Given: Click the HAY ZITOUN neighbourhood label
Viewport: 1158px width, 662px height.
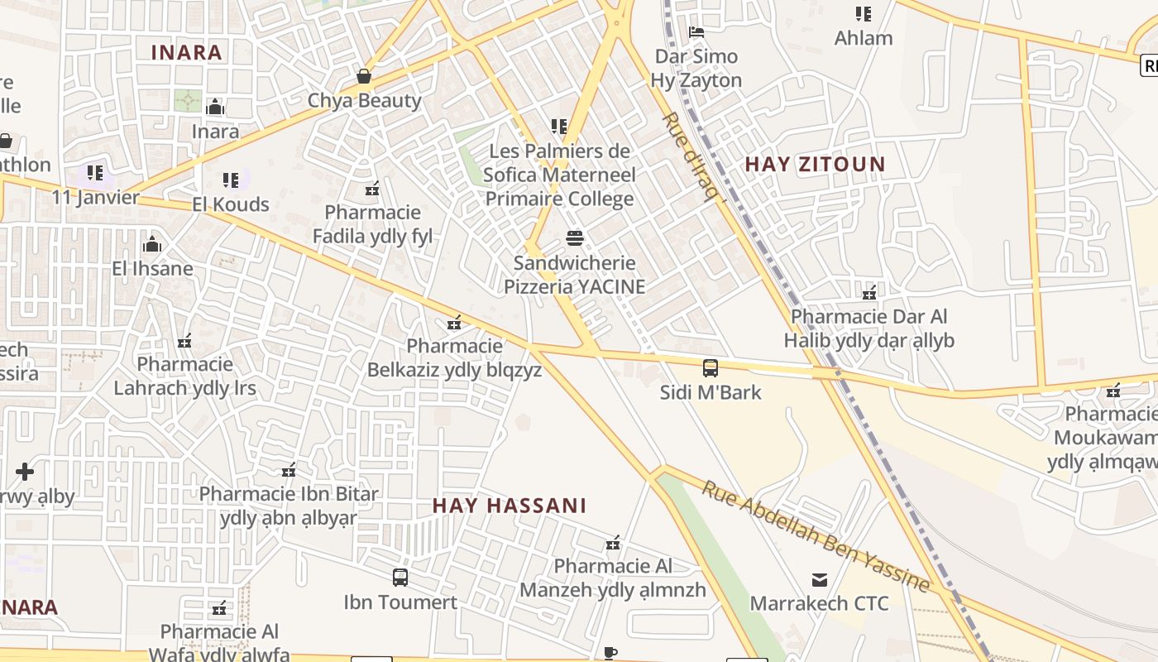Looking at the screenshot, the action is click(x=815, y=164).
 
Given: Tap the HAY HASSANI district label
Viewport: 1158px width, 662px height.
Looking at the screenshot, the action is click(x=510, y=505).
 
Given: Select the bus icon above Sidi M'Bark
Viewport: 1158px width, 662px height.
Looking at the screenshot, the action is click(x=711, y=367).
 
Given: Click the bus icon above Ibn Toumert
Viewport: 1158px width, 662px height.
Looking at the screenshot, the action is click(x=400, y=577).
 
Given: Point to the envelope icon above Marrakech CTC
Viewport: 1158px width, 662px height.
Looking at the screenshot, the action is click(x=819, y=579).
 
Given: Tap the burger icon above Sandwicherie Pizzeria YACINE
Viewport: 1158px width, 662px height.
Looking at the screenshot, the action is click(x=575, y=238).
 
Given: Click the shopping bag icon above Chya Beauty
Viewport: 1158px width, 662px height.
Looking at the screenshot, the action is click(x=364, y=76).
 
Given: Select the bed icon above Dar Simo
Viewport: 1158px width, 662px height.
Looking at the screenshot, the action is click(x=696, y=32).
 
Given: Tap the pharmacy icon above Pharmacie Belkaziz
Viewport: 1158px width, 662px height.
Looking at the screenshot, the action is click(x=454, y=322).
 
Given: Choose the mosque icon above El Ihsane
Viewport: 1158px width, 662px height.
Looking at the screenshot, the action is click(x=152, y=244).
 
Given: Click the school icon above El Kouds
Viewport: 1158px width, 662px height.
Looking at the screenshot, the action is click(x=231, y=180).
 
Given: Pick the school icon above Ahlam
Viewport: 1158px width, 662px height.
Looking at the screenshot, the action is click(x=864, y=13).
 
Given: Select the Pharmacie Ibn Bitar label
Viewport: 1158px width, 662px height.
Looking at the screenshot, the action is click(x=288, y=506).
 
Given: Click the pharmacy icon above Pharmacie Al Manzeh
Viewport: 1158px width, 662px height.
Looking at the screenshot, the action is click(x=613, y=543).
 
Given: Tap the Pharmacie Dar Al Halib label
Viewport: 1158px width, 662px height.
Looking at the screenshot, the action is click(x=868, y=329).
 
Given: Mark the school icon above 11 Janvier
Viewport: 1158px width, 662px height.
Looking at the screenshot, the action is click(x=95, y=173).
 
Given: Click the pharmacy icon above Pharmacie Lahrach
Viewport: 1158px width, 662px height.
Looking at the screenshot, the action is click(x=184, y=341).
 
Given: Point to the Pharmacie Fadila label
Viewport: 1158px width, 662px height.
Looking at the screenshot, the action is click(x=372, y=224).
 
